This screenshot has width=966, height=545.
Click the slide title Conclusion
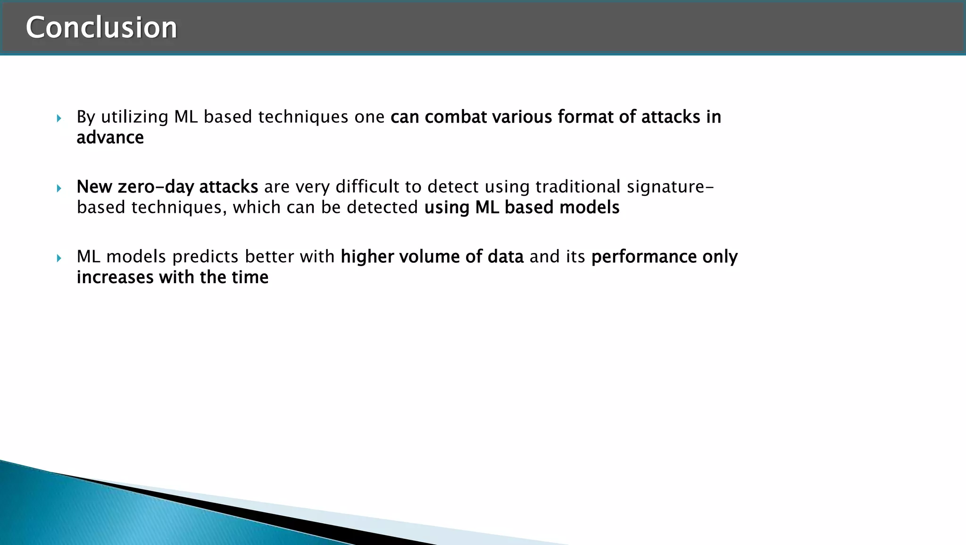click(x=101, y=27)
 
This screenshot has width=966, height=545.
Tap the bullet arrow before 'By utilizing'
click(x=59, y=118)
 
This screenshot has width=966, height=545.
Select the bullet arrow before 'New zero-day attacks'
click(x=59, y=188)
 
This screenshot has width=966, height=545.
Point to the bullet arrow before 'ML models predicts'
click(x=59, y=258)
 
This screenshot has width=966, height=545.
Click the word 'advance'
click(x=110, y=137)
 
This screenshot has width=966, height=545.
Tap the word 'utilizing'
click(x=134, y=117)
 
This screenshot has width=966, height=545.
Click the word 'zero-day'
click(x=155, y=187)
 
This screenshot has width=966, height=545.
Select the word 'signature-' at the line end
click(x=670, y=187)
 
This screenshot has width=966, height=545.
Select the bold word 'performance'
click(x=643, y=257)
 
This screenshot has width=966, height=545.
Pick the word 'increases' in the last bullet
click(x=115, y=277)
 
